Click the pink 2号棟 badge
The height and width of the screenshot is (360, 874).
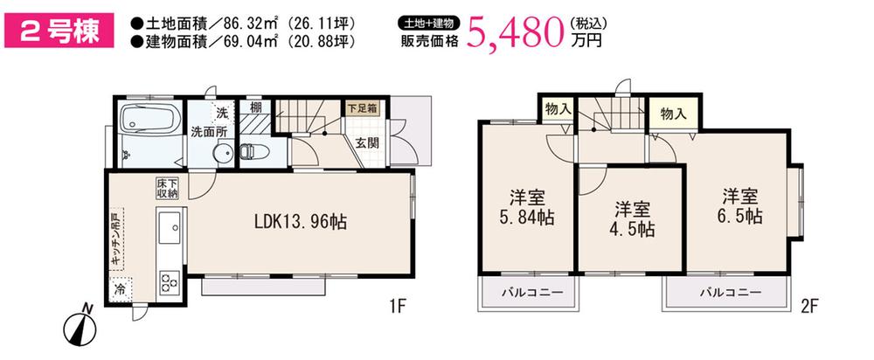click(59, 31)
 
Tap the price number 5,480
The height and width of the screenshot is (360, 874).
click(515, 32)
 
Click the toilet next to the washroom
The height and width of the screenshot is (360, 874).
click(249, 150)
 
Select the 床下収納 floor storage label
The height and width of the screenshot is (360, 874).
click(167, 188)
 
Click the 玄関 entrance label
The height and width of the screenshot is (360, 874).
click(367, 143)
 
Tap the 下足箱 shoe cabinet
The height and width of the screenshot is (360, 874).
click(361, 109)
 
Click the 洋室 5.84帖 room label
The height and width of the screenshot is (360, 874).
click(526, 206)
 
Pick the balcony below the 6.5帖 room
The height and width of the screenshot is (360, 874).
click(729, 293)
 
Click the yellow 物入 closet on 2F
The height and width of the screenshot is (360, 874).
click(672, 114)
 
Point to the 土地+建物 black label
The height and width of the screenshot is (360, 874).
click(429, 23)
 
